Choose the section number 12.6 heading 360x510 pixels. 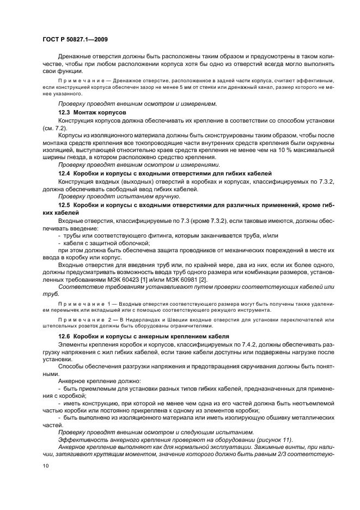(64, 337)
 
